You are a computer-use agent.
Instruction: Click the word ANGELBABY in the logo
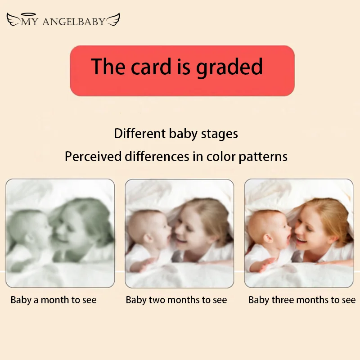(x=74, y=21)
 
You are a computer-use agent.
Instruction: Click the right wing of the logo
(x=112, y=19)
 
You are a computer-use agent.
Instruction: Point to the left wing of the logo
(x=13, y=19)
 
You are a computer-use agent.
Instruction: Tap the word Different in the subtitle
(x=140, y=134)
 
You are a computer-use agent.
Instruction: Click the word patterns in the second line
(x=265, y=157)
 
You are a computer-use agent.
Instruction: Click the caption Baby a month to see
(x=54, y=300)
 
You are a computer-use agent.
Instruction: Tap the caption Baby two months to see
(x=176, y=300)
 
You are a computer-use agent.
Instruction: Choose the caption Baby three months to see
(x=302, y=300)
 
